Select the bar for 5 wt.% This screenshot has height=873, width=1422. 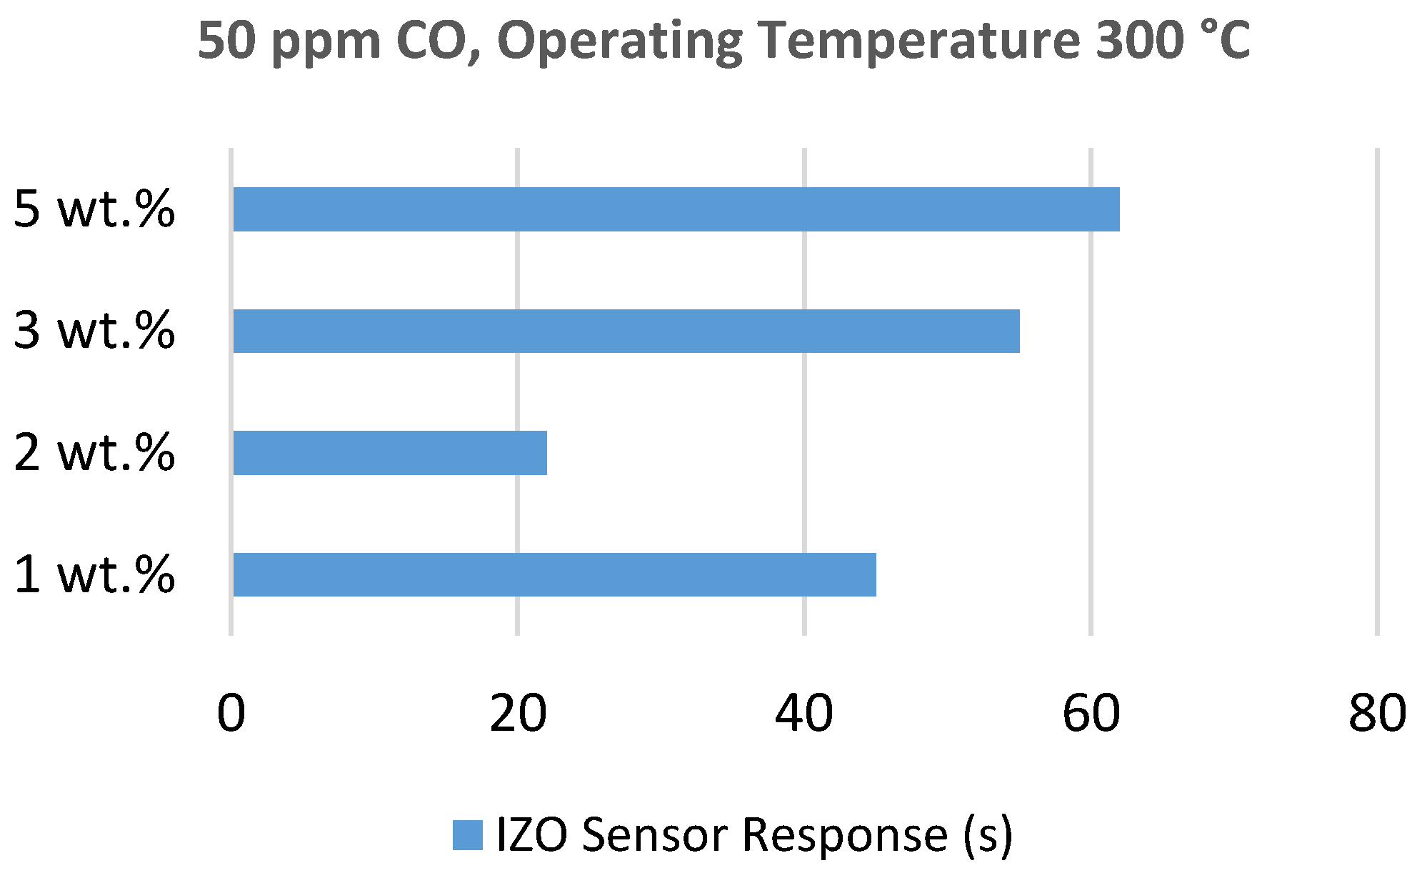[x=676, y=209]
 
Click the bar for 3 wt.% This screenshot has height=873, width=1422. [x=626, y=331]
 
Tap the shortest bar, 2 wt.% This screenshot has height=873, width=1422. [x=389, y=453]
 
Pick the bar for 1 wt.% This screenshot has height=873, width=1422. [x=554, y=574]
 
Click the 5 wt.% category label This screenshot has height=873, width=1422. [x=94, y=210]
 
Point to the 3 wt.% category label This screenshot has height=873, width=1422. [x=94, y=331]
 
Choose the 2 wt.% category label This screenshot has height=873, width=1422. [x=94, y=453]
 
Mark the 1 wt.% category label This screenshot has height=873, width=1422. [x=94, y=574]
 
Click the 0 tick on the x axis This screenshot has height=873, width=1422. [x=231, y=713]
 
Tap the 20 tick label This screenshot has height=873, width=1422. [x=518, y=713]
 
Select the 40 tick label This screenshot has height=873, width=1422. [x=804, y=713]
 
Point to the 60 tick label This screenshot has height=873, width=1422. [x=1091, y=713]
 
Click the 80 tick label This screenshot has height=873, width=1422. [x=1377, y=713]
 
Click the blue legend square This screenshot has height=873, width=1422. [x=468, y=834]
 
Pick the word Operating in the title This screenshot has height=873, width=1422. [x=619, y=41]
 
